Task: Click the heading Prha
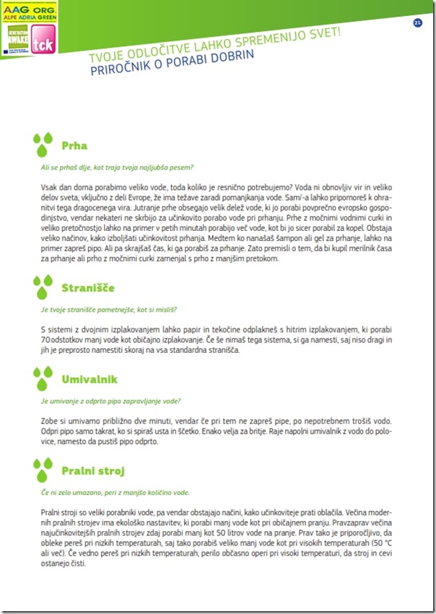[74, 145]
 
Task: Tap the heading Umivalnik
[90, 379]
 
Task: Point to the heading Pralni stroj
[92, 470]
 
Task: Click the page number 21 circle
[417, 22]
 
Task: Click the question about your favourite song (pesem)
[116, 167]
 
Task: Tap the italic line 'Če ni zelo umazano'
[115, 493]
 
